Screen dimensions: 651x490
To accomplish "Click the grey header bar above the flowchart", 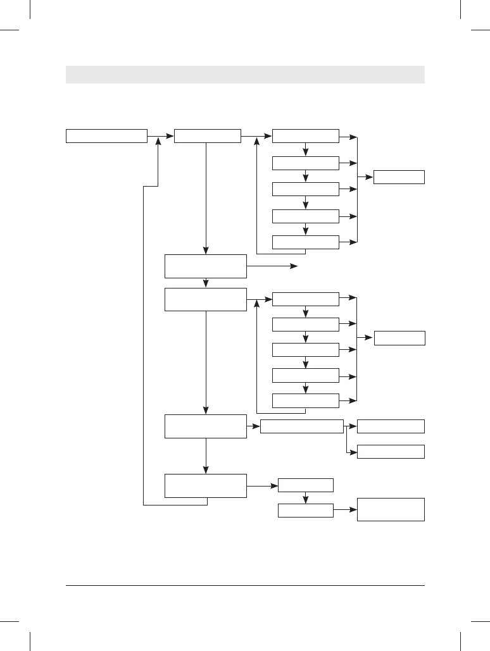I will tap(245, 74).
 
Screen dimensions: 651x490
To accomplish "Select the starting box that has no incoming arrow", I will tap(106, 136).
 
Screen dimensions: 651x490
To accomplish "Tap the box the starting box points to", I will tap(207, 136).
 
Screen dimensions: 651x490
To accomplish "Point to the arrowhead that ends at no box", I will tap(294, 267).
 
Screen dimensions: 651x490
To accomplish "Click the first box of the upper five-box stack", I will tap(305, 136).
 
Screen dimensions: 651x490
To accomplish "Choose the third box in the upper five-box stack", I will tap(305, 189).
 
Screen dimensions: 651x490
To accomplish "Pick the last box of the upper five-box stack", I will tap(305, 242).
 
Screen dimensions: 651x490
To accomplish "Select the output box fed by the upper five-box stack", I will tap(399, 177).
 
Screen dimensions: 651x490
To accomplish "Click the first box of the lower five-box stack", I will tap(305, 299).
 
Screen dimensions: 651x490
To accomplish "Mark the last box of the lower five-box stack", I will tap(305, 400).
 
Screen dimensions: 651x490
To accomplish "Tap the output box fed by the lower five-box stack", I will tap(399, 338).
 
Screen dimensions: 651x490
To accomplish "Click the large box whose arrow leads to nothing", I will tap(205, 266).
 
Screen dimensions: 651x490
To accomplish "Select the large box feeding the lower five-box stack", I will tap(205, 299).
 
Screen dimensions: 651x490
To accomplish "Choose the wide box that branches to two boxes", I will tap(301, 426).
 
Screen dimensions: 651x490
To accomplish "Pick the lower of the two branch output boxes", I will tap(391, 452).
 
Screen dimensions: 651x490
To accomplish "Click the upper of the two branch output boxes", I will tap(391, 426).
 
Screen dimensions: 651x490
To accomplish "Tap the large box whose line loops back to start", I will tap(205, 485).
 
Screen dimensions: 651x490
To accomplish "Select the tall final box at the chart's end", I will tap(391, 509).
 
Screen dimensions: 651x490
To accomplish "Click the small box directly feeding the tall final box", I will tap(305, 510).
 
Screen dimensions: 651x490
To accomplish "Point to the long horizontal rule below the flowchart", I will tap(245, 585).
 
